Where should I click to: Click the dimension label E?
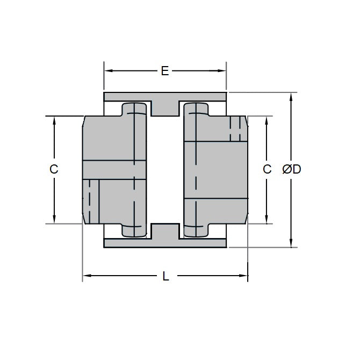click(x=165, y=71)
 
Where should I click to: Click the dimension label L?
click(x=165, y=277)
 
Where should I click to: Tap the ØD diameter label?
click(x=291, y=169)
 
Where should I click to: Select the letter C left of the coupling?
click(x=54, y=169)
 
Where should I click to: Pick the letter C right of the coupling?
click(x=267, y=169)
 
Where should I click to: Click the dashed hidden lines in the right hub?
click(x=234, y=129)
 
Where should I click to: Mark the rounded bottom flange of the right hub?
click(x=196, y=231)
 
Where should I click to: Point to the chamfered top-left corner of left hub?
click(x=83, y=120)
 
